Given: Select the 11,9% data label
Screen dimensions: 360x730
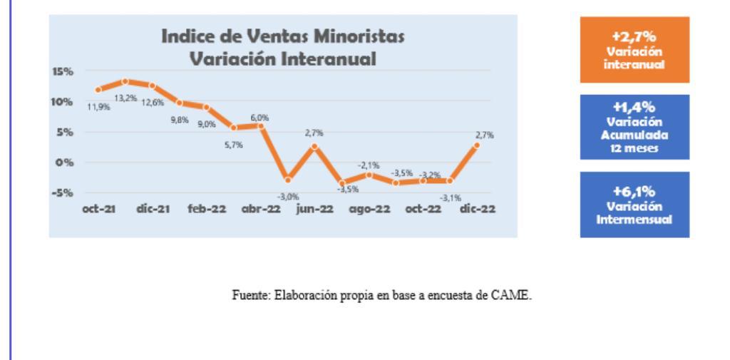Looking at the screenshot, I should click(x=98, y=108).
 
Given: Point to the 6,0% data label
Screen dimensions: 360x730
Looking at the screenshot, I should click(x=259, y=118).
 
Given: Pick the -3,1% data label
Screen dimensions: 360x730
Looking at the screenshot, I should click(x=451, y=197).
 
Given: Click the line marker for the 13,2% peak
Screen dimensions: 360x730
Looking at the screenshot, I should click(x=125, y=81).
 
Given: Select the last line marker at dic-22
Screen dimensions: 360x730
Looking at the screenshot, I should click(x=476, y=145).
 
